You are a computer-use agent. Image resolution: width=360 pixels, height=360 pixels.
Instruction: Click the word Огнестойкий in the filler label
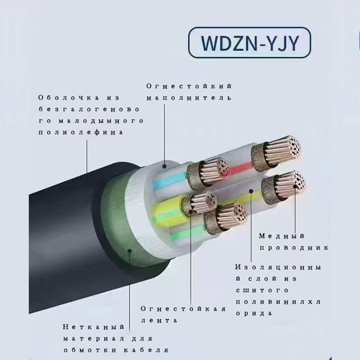(x=189, y=85)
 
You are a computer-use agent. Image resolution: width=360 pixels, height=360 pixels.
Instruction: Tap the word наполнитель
(x=189, y=98)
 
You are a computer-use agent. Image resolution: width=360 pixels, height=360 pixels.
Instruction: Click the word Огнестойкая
(x=183, y=309)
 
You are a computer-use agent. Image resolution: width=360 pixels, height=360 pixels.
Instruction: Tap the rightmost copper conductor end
(x=291, y=184)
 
